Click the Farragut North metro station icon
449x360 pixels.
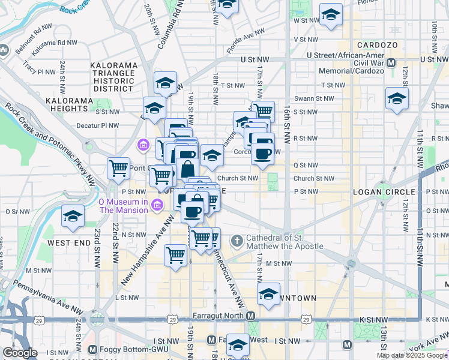(252, 316)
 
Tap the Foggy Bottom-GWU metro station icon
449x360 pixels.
(92, 349)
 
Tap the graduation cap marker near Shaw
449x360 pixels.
(397, 99)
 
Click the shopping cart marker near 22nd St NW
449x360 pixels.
(118, 168)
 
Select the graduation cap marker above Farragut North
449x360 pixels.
(269, 294)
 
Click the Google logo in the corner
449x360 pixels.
(20, 353)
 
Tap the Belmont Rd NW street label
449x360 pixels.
(34, 28)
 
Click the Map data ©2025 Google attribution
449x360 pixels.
(412, 355)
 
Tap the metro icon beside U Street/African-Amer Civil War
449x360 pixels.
(391, 62)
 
